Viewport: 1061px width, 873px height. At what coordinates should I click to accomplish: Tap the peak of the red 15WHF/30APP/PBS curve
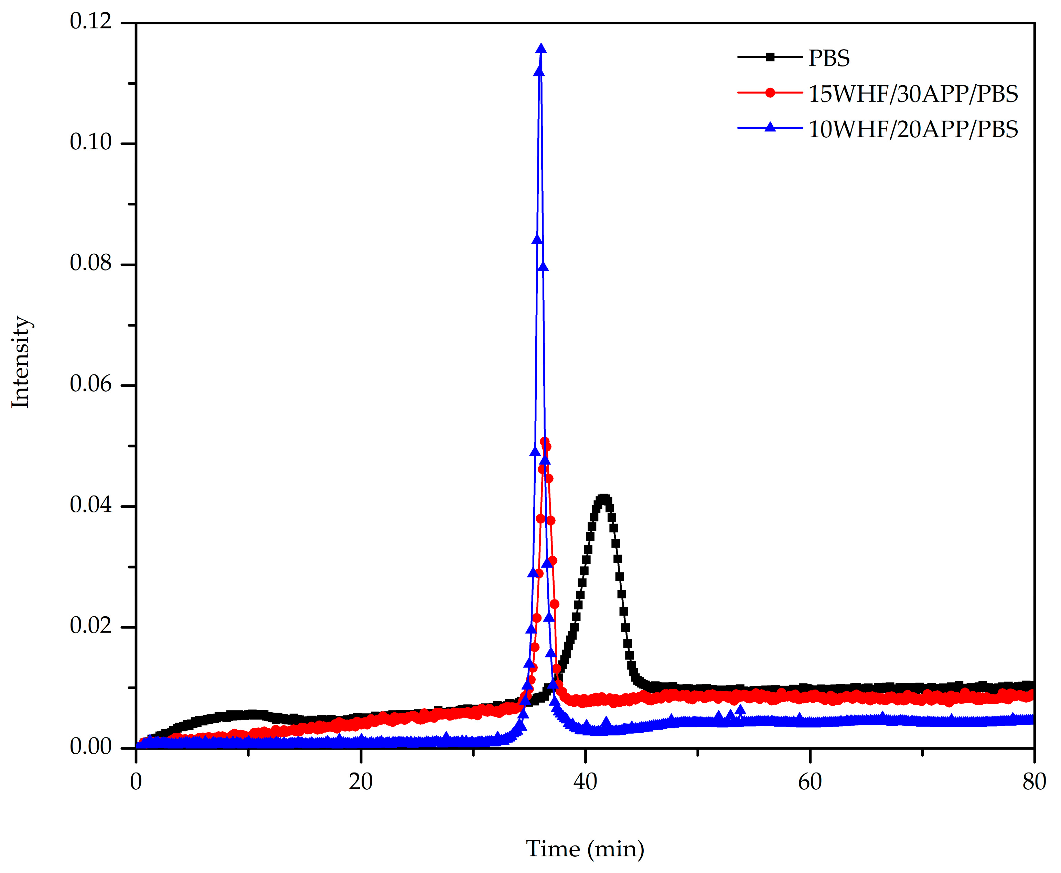click(x=544, y=441)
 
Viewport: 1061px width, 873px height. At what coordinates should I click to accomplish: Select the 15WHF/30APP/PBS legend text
click(x=913, y=94)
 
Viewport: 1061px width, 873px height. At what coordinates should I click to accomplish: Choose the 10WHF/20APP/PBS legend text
click(x=913, y=129)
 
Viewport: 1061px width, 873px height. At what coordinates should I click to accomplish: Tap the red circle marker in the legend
click(x=770, y=93)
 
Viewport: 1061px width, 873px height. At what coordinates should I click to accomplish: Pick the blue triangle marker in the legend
click(x=770, y=128)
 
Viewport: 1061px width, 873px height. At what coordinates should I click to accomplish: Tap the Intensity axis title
click(x=21, y=362)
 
